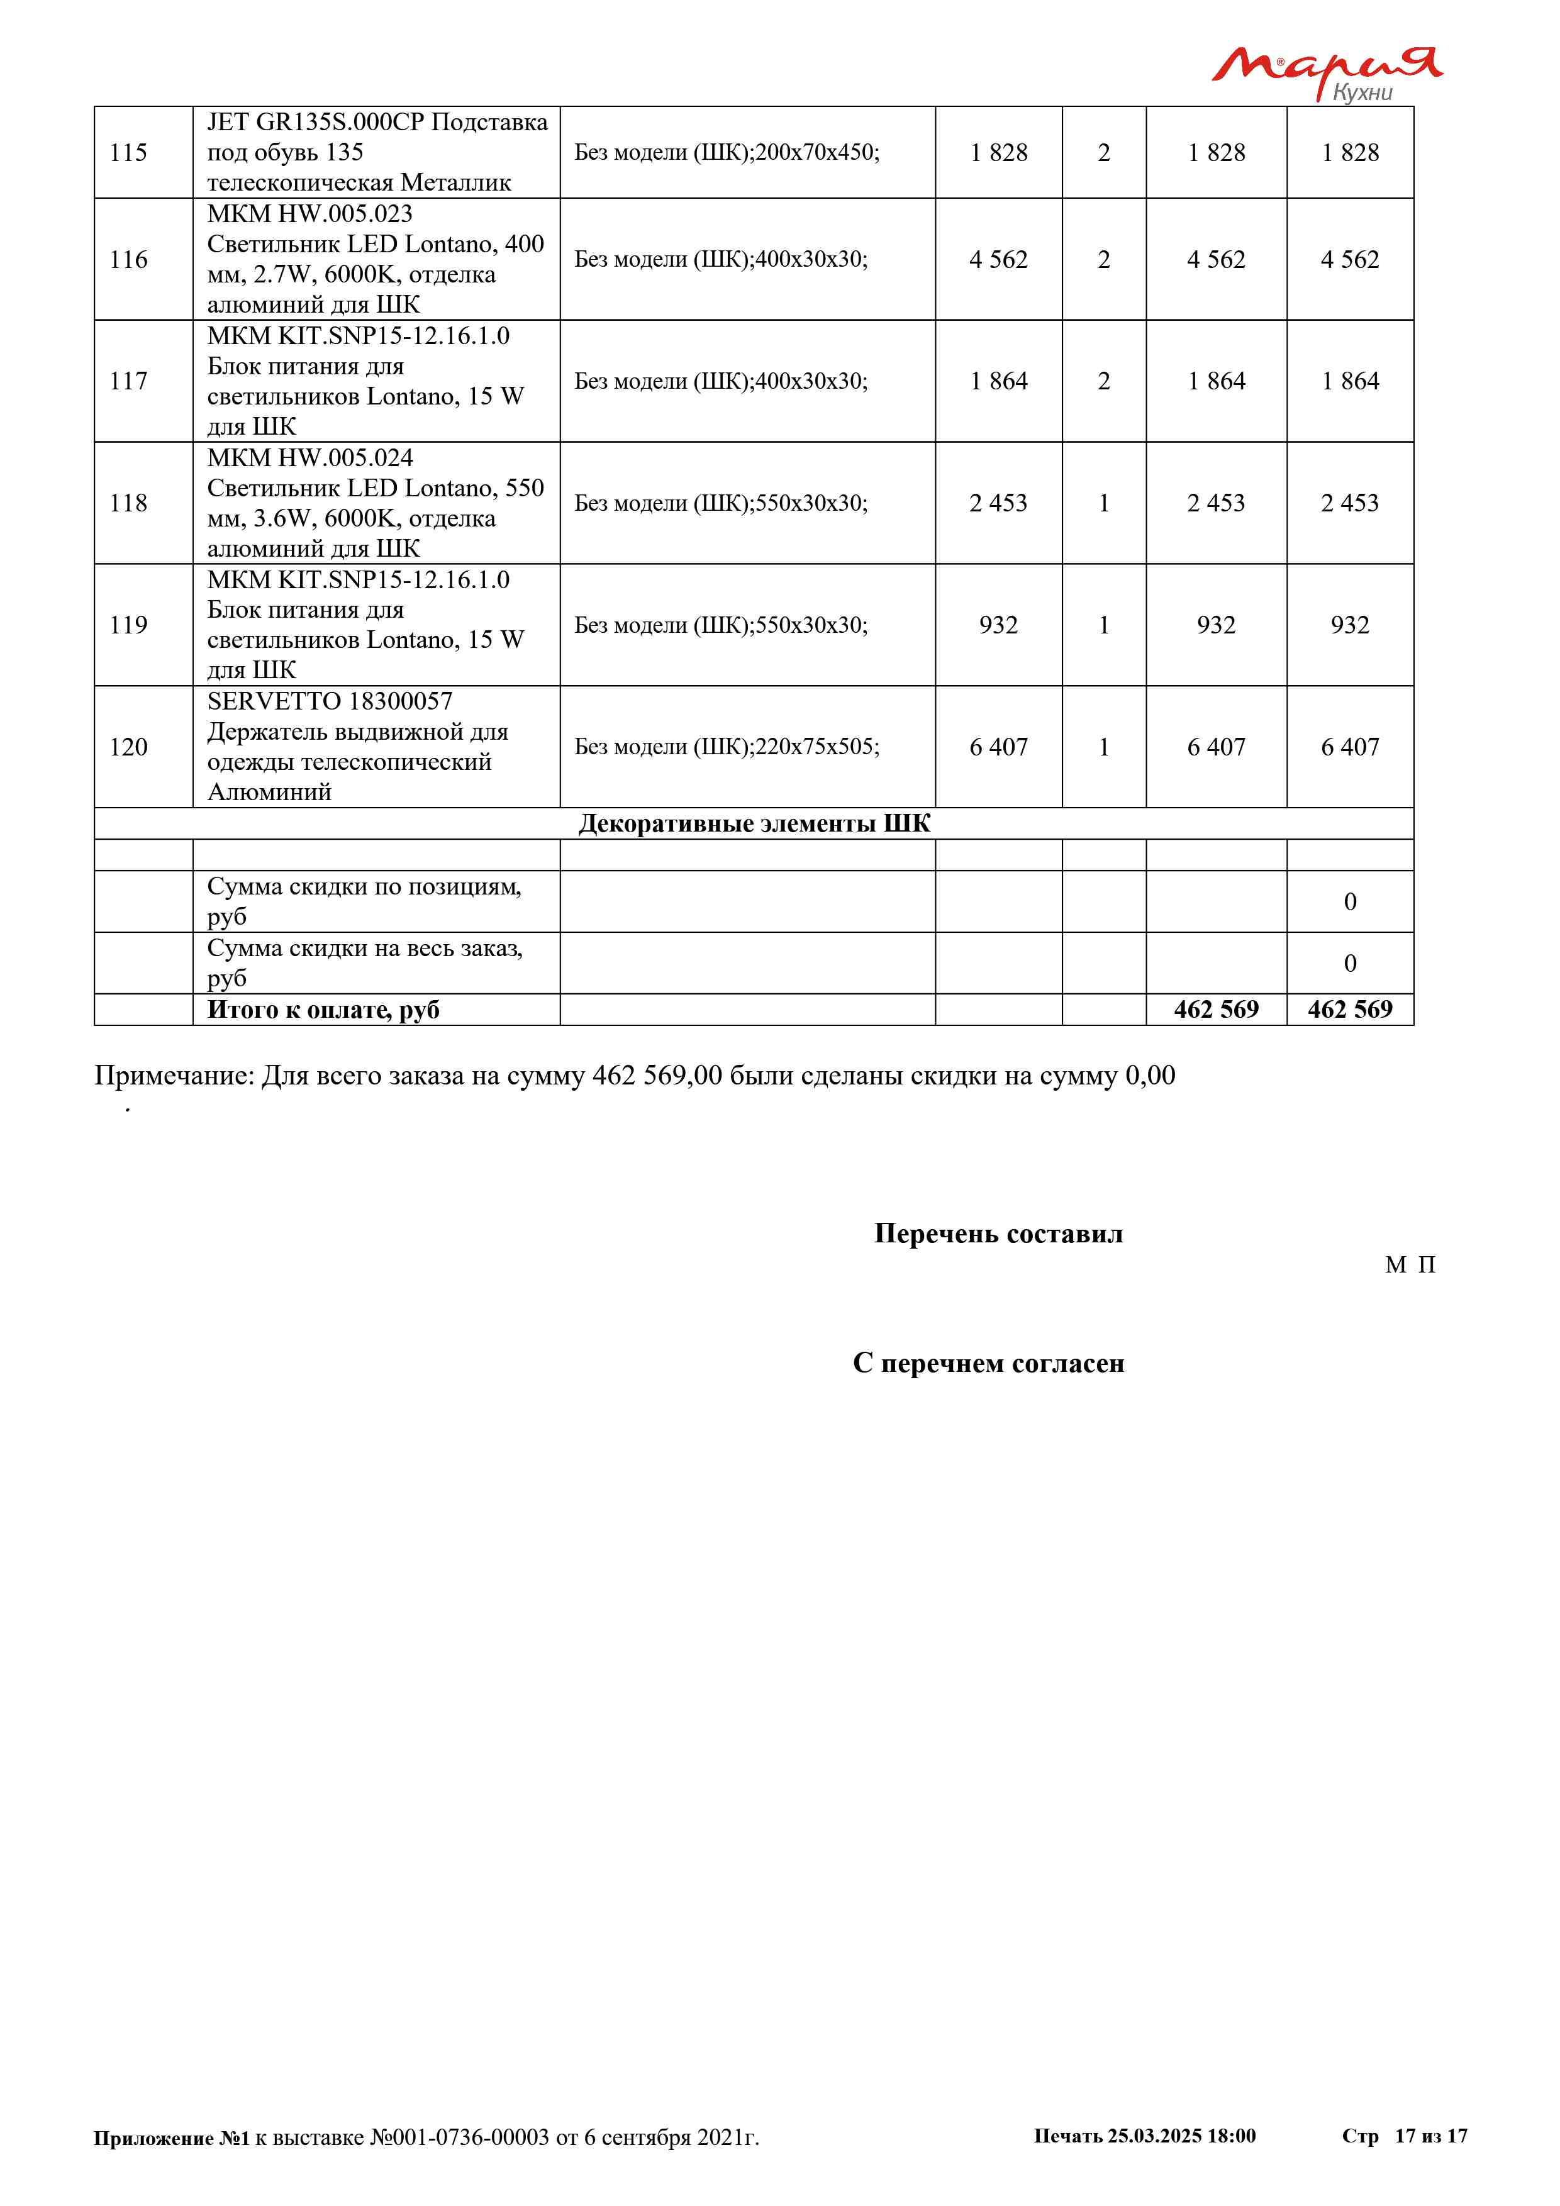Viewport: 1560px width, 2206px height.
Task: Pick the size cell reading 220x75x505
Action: [x=726, y=747]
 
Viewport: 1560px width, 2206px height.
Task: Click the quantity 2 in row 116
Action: [x=1104, y=259]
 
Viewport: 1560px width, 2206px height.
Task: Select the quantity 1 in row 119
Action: [x=1104, y=625]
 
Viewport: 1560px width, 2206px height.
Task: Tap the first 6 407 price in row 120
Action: [x=998, y=747]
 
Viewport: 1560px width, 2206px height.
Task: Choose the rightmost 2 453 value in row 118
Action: [x=1350, y=503]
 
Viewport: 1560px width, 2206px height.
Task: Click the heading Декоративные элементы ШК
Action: [x=754, y=823]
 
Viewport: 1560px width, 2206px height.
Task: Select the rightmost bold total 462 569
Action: [x=1350, y=1009]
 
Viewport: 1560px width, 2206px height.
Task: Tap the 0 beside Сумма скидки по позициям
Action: [x=1350, y=901]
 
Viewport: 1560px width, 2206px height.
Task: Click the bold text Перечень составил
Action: [x=998, y=1234]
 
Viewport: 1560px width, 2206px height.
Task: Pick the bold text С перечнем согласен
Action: [x=988, y=1362]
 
